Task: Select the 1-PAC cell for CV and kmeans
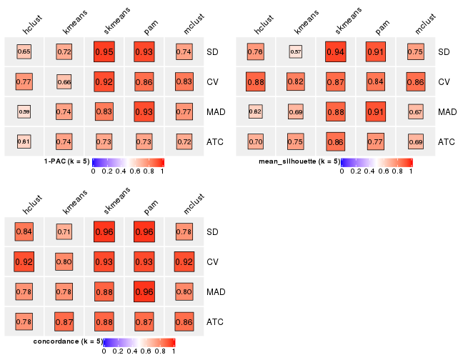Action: [64, 82]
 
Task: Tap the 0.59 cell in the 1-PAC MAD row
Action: [24, 111]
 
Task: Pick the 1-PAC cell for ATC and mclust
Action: [184, 141]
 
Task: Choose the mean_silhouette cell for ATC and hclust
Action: [256, 141]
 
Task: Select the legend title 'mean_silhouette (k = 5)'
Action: [299, 161]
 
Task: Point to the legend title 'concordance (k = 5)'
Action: [68, 341]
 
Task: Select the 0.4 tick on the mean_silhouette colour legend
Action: [369, 171]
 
